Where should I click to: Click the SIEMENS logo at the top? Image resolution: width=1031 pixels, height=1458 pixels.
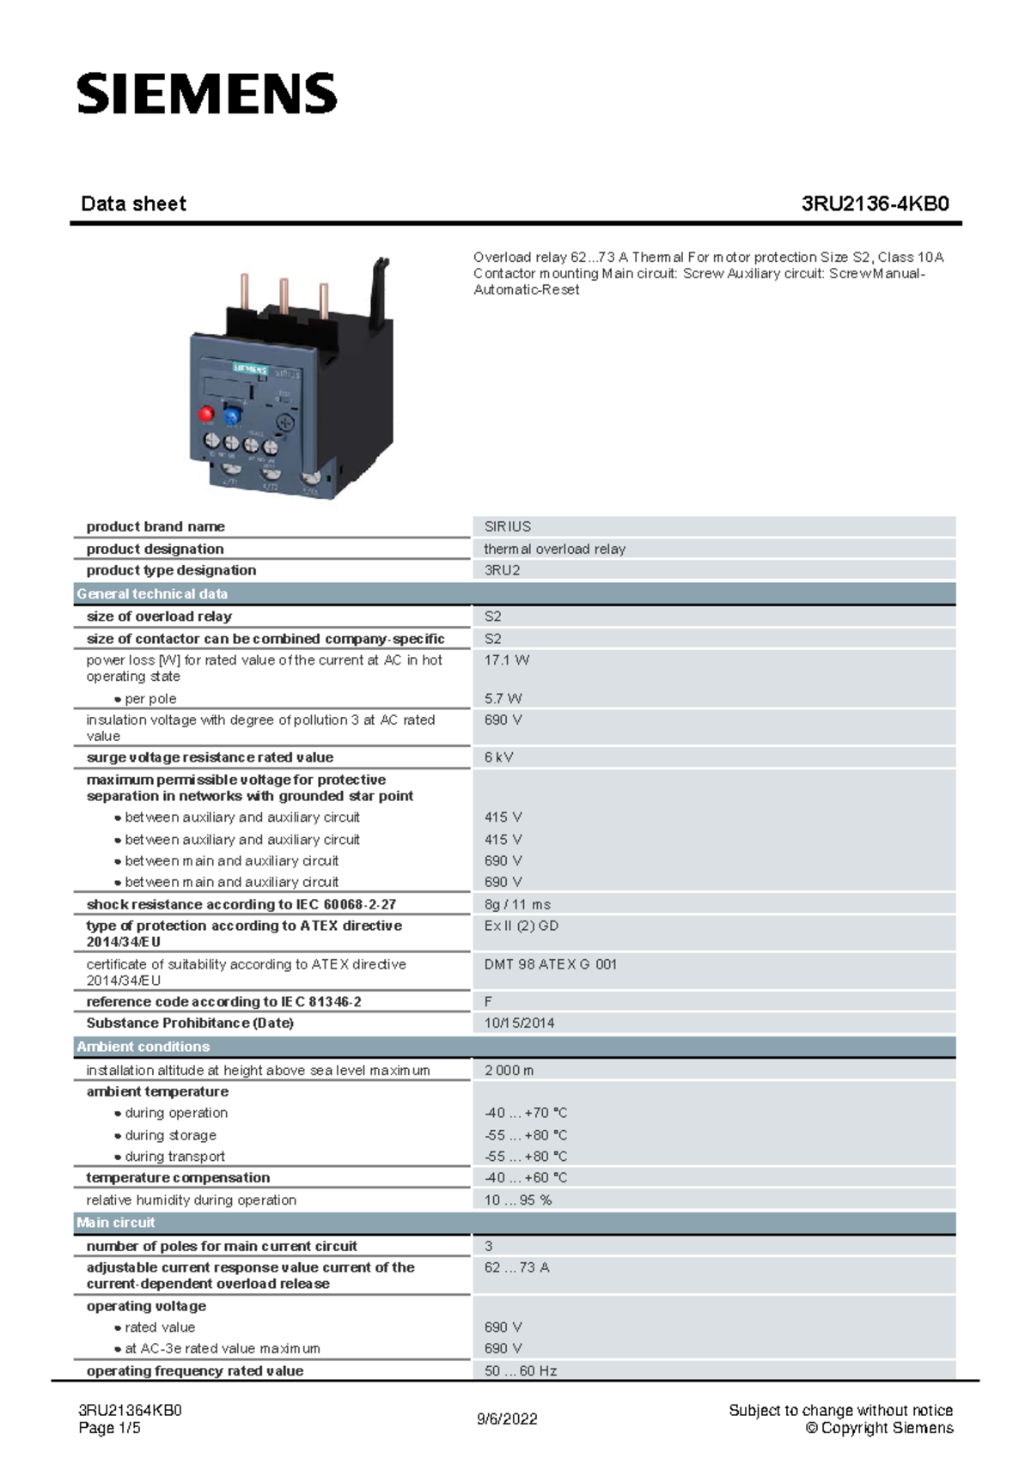207,94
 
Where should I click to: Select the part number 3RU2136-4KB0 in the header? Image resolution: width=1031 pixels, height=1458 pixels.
875,204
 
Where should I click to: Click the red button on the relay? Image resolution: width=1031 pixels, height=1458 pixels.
206,414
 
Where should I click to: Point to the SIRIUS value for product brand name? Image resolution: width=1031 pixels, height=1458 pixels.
507,526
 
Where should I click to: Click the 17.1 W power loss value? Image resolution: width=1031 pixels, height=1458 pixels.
506,660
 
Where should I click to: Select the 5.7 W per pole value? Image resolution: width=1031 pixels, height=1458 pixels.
503,699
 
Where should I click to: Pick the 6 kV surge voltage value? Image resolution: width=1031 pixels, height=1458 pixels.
498,757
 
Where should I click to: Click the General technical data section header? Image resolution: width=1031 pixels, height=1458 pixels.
152,594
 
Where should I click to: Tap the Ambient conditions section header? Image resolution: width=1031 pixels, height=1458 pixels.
143,1047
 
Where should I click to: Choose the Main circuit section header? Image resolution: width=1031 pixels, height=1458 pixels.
116,1223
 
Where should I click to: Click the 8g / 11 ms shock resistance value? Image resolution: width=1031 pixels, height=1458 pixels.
517,904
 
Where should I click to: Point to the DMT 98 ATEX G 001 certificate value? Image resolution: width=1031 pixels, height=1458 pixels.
550,964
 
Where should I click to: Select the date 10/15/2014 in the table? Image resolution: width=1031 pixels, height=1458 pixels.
519,1024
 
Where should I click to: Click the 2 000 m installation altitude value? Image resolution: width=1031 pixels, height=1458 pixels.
509,1071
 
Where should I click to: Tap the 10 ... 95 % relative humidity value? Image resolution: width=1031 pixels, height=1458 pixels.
517,1200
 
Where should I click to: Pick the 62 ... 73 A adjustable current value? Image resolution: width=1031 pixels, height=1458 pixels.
516,1267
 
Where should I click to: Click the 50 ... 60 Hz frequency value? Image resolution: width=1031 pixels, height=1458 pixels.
520,1371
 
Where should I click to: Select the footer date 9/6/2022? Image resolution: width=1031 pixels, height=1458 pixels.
507,1419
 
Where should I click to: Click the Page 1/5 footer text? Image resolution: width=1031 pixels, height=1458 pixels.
109,1428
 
